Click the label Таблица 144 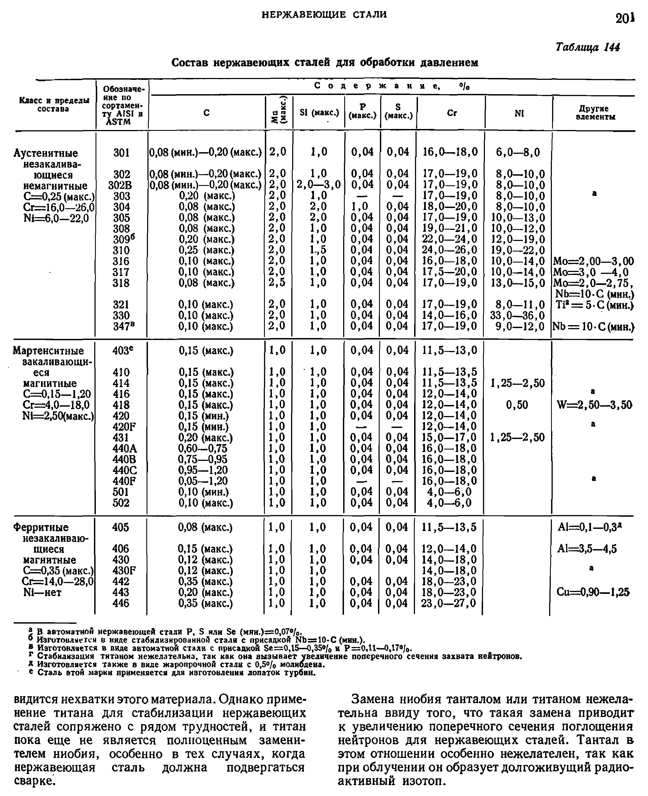tap(588, 47)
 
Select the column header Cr tap(452, 113)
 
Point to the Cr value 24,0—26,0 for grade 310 tap(450, 250)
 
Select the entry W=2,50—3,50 tap(594, 405)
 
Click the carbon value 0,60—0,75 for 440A tap(203, 448)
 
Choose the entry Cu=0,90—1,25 tap(593, 592)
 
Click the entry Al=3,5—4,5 tap(589, 549)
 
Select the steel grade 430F tap(124, 570)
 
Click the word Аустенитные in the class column tap(46, 153)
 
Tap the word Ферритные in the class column tap(41, 527)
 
